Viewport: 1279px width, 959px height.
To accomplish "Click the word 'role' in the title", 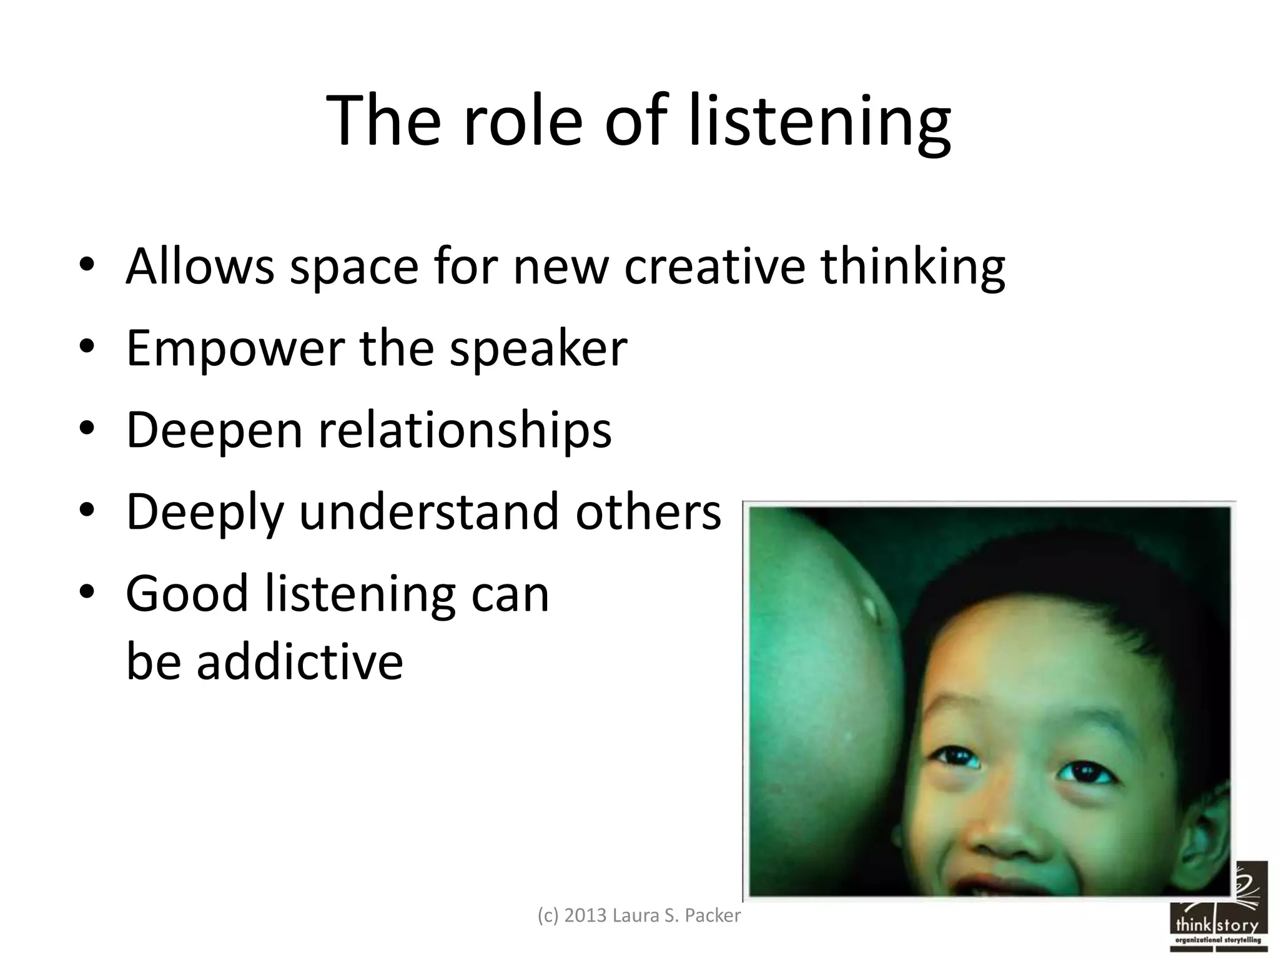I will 522,121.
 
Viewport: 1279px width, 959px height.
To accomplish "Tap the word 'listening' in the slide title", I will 819,122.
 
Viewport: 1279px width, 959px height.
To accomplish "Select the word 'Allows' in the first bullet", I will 200,267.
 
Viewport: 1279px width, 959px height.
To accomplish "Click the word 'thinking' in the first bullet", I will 912,267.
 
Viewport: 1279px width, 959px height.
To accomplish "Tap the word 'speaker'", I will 538,348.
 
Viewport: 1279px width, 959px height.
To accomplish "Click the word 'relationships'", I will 465,430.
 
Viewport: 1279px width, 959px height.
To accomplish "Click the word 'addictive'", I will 300,661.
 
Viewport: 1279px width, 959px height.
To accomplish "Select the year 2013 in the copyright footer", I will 585,915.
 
